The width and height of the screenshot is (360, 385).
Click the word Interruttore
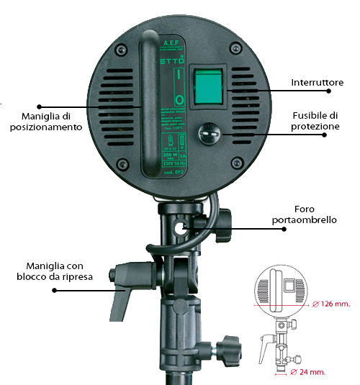[317, 83]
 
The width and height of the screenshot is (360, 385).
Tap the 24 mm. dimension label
[312, 372]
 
